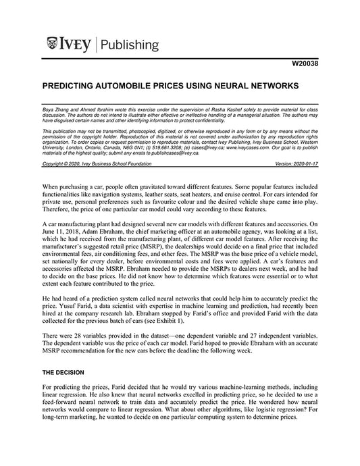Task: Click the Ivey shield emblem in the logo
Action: coord(52,45)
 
